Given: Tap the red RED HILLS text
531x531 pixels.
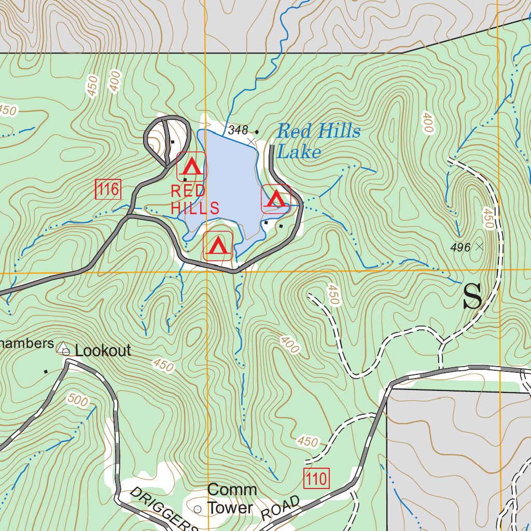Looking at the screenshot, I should coord(194,200).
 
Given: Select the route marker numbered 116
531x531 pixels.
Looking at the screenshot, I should coord(108,189).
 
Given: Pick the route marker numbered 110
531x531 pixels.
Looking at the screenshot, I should coord(316,478).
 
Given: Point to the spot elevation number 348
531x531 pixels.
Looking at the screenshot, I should coord(238,130).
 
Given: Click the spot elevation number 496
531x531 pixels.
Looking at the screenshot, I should coord(460,248).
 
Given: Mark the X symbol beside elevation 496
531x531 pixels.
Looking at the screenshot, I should coord(479,247).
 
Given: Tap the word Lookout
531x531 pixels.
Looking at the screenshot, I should coord(103,351).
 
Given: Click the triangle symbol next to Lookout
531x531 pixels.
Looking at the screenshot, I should coord(63,348).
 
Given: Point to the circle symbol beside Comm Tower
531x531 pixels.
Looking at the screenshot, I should coord(197,509).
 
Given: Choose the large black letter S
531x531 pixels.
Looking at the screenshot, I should coord(472,297).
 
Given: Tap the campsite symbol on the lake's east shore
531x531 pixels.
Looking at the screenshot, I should coord(276,199).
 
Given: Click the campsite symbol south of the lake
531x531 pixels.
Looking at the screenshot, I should coord(218,246).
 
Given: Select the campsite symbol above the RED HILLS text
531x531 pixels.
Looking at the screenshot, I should coord(191,167).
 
